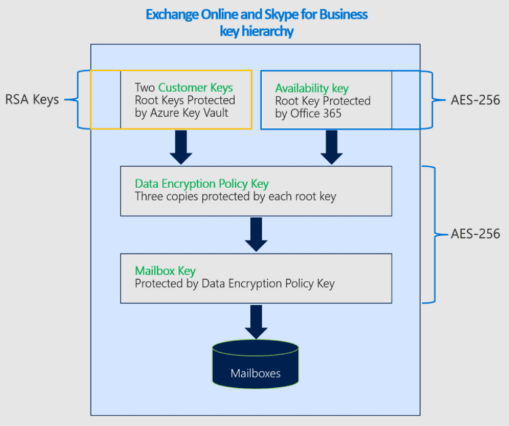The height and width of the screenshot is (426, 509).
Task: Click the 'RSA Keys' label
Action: [32, 100]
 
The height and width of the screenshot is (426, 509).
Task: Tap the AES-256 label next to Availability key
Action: [475, 100]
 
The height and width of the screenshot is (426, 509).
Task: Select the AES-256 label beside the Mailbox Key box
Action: [475, 234]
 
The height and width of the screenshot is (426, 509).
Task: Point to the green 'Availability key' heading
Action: [312, 88]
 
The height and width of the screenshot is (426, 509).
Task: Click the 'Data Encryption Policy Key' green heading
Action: [201, 184]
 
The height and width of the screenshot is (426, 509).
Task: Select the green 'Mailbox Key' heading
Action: [165, 271]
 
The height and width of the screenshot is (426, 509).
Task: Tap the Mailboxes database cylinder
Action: [255, 366]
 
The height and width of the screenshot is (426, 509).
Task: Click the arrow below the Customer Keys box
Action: [181, 147]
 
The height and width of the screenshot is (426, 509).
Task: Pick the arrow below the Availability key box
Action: [332, 147]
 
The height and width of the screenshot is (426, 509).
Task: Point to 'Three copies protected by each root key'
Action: [235, 197]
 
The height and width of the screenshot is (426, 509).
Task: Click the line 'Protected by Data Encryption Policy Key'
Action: [235, 284]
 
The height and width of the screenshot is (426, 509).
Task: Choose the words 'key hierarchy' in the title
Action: [257, 31]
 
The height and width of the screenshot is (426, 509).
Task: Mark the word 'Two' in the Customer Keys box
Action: [145, 88]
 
